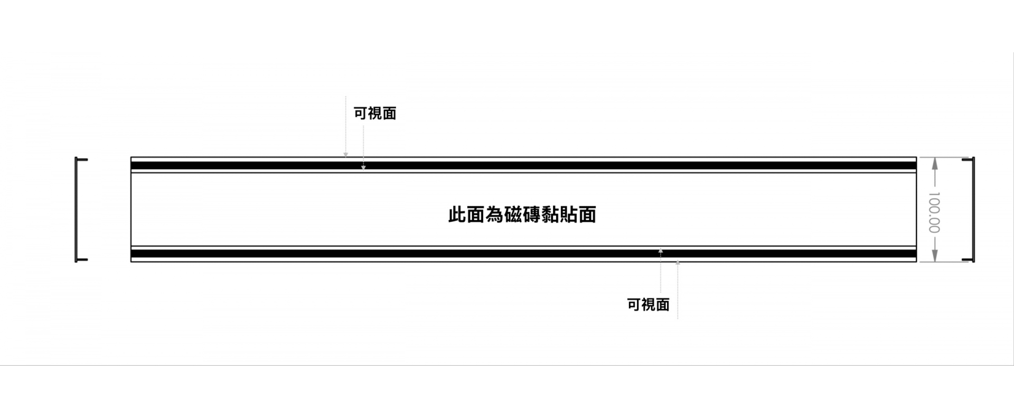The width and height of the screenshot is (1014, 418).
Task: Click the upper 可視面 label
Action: click(x=375, y=114)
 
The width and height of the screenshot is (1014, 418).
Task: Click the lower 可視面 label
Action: click(x=648, y=304)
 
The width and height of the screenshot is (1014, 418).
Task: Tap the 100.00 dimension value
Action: click(x=934, y=212)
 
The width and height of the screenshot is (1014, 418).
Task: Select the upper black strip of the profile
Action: click(x=523, y=165)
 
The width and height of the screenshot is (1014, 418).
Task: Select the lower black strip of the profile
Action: click(x=523, y=254)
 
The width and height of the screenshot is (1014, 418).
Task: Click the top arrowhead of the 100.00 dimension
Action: click(x=934, y=164)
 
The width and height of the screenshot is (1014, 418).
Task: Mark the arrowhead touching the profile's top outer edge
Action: click(x=345, y=155)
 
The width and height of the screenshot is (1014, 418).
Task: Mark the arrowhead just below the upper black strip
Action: click(x=363, y=168)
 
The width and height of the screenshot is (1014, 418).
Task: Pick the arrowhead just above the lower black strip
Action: click(x=660, y=250)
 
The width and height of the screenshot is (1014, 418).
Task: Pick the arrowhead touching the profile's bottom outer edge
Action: click(x=678, y=263)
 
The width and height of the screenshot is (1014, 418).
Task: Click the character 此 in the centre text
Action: click(x=457, y=215)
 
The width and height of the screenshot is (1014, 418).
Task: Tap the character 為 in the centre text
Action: click(x=494, y=215)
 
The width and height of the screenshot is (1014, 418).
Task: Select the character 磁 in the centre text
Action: click(x=513, y=215)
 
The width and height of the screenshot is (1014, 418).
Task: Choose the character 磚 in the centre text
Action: click(x=531, y=215)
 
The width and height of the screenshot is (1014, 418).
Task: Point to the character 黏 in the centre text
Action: click(x=550, y=215)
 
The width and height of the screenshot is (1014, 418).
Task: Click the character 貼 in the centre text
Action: click(x=568, y=215)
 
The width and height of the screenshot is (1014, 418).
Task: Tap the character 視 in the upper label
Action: click(x=375, y=114)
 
